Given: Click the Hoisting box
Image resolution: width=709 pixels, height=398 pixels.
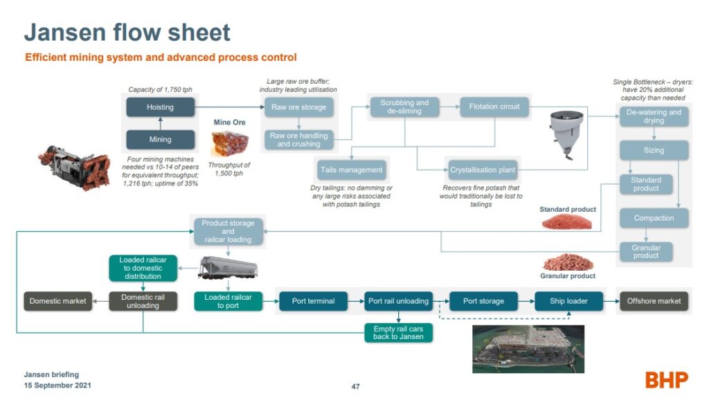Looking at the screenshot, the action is point(160,107).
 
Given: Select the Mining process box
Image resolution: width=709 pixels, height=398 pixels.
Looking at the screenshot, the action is point(160,139).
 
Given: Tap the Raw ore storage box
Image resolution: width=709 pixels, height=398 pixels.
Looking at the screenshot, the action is point(298,107).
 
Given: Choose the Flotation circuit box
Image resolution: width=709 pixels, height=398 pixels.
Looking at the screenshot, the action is point(494,107).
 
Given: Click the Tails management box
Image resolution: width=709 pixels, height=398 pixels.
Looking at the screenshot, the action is point(351,170).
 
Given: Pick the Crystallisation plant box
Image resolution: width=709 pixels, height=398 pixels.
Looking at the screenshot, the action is point(483,170).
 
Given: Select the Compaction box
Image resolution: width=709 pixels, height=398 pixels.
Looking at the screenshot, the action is point(654,218).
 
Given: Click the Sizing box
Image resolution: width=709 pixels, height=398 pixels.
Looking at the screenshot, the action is point(654,150).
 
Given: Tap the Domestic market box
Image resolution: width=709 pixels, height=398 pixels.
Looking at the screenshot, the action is point(58,301).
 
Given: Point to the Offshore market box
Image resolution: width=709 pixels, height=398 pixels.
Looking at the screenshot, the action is point(654,301).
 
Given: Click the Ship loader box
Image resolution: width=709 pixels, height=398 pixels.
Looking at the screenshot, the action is point(569,301).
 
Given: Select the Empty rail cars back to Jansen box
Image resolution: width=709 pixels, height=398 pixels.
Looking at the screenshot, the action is point(398,332).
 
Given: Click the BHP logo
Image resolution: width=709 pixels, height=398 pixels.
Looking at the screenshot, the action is point(667,380).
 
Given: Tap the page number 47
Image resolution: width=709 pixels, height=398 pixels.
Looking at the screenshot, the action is point(356,387).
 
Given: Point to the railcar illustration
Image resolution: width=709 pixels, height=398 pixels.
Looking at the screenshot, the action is point(228,267).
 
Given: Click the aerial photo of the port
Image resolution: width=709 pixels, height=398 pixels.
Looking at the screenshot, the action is point(528,349).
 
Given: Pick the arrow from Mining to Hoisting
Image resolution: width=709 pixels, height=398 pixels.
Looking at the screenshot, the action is point(161,123).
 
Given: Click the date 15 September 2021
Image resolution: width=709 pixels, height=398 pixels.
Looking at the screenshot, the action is point(57,386).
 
